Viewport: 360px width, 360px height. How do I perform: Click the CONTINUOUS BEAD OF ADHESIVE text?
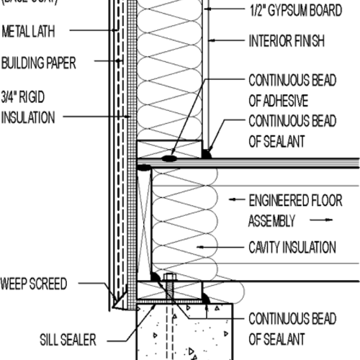pyautogui.click(x=291, y=90)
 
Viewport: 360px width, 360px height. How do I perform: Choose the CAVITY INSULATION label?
pyautogui.click(x=292, y=247)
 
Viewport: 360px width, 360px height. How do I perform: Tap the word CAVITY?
pyautogui.click(x=267, y=247)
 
